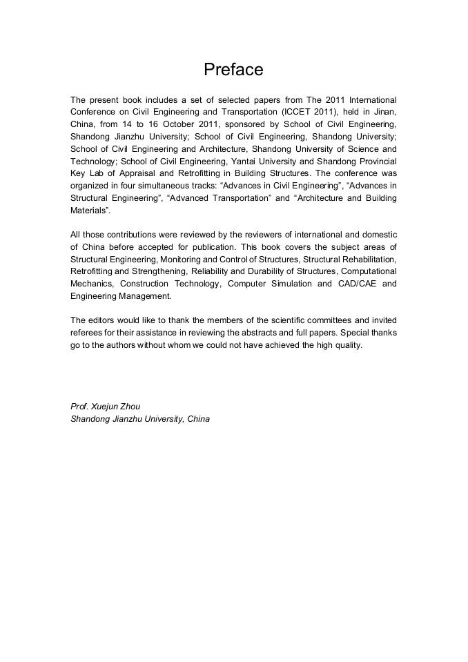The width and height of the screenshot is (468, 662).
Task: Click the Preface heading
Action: pyautogui.click(x=233, y=70)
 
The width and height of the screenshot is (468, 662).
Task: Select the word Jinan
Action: pyautogui.click(x=384, y=112)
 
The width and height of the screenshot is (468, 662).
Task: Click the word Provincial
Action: pyautogui.click(x=374, y=161)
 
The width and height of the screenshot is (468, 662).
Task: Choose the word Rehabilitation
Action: pyautogui.click(x=366, y=260)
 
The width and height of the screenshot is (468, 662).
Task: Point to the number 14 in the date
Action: pyautogui.click(x=127, y=124)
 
